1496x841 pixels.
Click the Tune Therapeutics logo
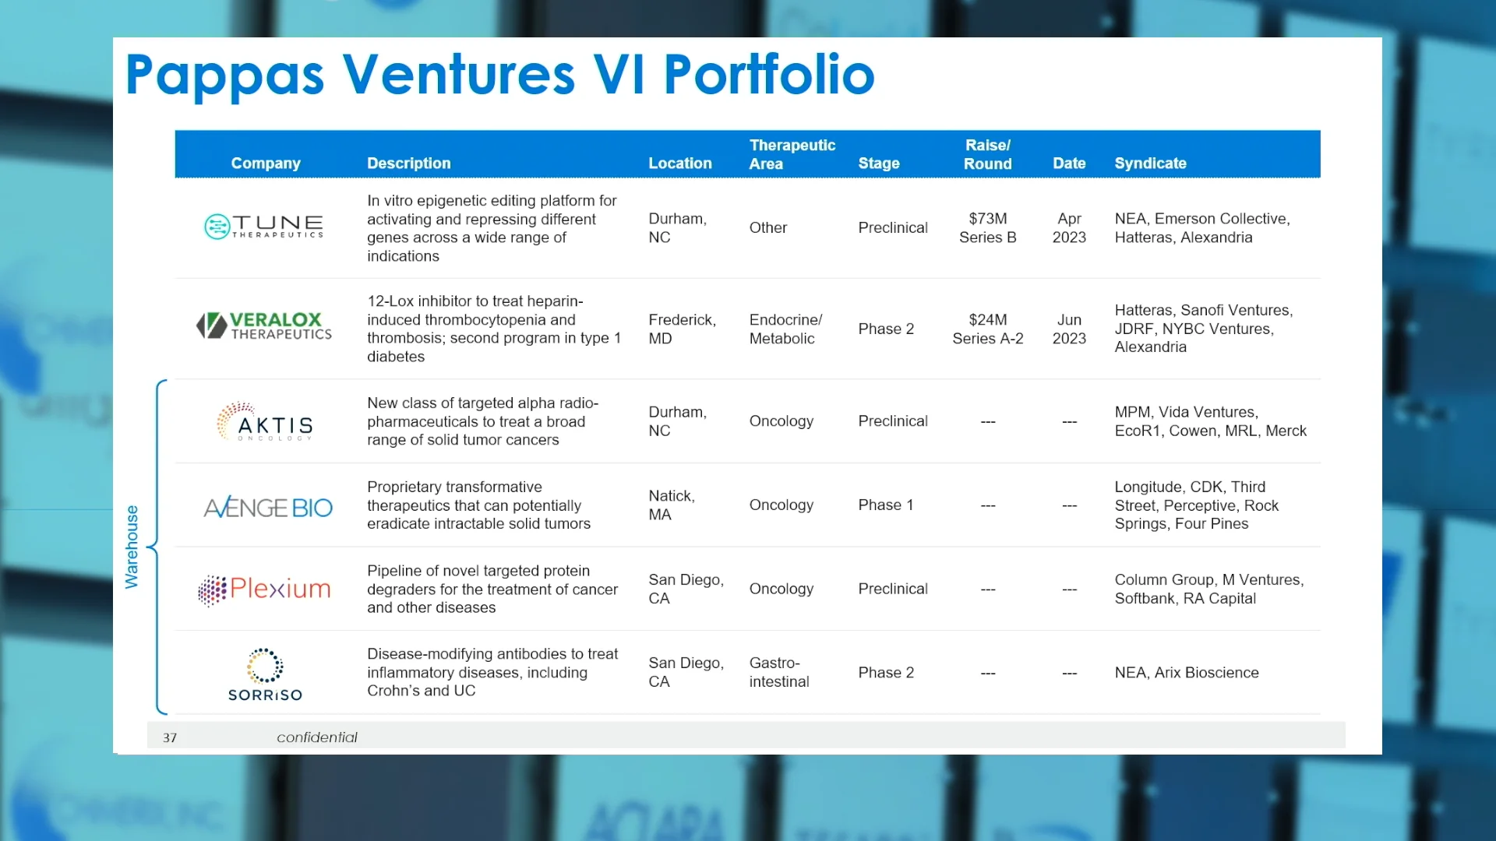tap(263, 227)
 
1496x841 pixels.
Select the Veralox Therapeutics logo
tap(264, 325)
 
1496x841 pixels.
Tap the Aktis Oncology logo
tap(265, 421)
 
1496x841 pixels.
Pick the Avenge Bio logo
tap(268, 508)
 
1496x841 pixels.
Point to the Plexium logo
tap(265, 589)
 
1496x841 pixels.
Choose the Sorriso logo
tap(265, 674)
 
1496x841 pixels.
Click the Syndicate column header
tap(1150, 164)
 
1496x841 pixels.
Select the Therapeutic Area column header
tap(792, 154)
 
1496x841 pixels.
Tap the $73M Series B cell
tap(987, 228)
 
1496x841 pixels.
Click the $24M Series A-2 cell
tap(987, 329)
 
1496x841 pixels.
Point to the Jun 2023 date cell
tap(1069, 329)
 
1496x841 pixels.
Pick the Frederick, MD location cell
tap(682, 329)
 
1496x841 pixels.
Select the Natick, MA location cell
tap(671, 505)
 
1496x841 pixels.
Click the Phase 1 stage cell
tap(885, 505)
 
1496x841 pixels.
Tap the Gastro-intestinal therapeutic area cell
tap(778, 673)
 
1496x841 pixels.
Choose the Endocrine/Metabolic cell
tap(785, 329)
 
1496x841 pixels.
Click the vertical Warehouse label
tap(132, 547)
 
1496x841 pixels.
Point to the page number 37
tap(170, 738)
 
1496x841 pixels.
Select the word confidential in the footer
tap(316, 737)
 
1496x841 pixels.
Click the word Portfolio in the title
tap(768, 75)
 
